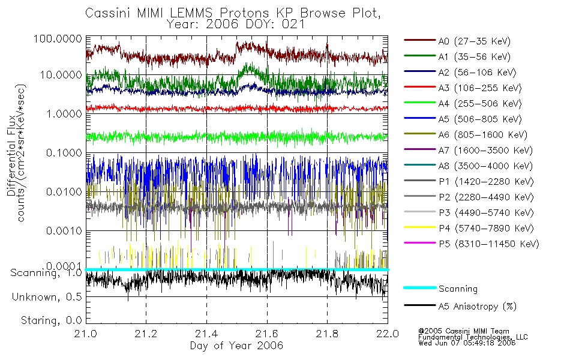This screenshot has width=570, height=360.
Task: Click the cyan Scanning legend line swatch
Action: tap(419, 288)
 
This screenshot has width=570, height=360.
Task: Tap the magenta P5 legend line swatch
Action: tap(419, 244)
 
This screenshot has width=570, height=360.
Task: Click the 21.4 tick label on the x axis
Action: tap(206, 334)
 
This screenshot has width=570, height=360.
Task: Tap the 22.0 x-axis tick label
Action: tap(387, 334)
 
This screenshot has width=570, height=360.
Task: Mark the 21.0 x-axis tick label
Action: tap(86, 334)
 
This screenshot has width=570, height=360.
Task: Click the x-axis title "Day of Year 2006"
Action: tap(236, 346)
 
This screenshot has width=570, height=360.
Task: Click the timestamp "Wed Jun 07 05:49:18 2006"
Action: tap(467, 344)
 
